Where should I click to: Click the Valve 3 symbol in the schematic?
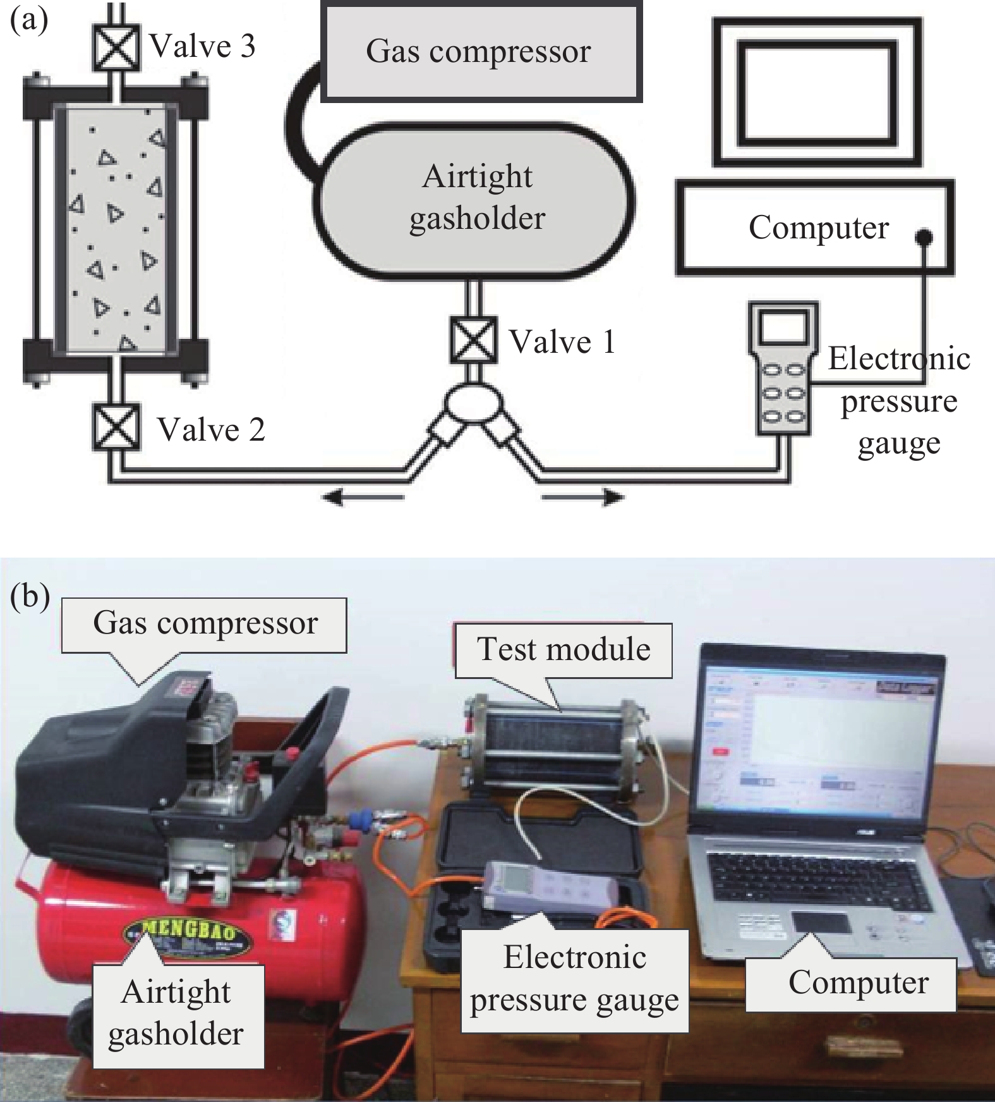tap(116, 47)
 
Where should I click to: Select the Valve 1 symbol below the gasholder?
tap(473, 340)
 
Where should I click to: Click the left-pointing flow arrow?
tap(363, 498)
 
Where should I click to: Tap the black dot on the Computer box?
tap(924, 237)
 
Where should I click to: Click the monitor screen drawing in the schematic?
tap(817, 93)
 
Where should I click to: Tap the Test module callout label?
tap(563, 650)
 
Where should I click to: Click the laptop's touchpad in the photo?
tap(821, 922)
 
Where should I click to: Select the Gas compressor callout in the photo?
tap(205, 624)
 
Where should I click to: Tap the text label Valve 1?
tap(562, 342)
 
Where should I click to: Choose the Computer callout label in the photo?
tap(858, 983)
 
